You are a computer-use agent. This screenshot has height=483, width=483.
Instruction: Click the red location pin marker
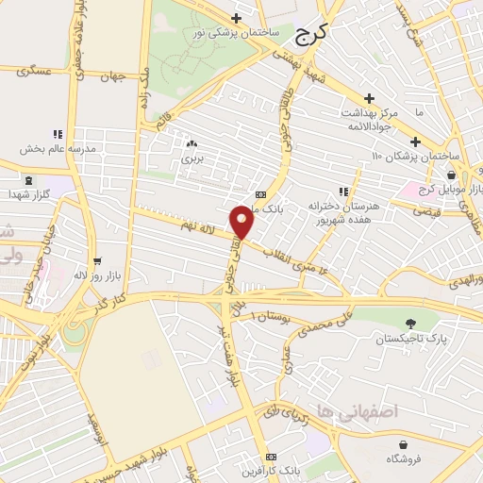point(242,223)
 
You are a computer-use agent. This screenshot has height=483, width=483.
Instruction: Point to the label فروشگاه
point(405,458)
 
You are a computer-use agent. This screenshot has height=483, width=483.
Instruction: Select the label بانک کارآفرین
point(272,469)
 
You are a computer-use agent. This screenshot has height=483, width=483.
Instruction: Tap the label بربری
point(192,158)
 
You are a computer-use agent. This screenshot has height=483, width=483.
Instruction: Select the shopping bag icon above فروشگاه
point(405,443)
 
